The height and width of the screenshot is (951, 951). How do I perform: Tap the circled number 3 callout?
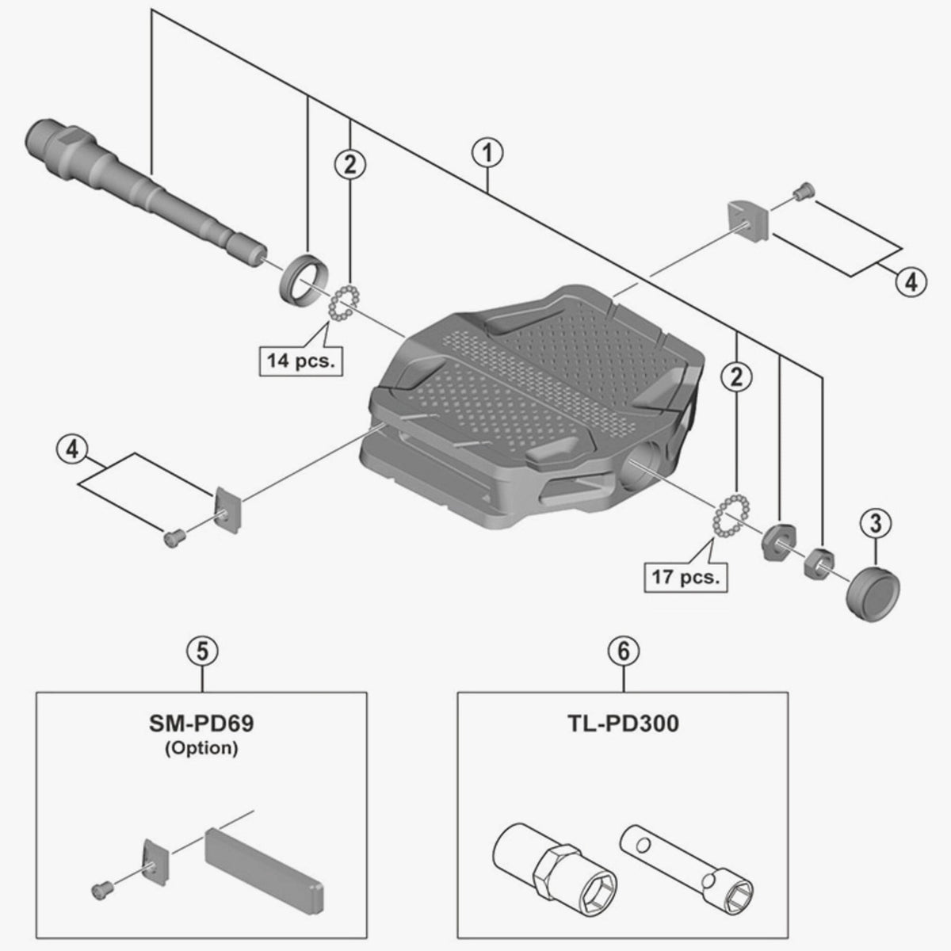click(x=876, y=523)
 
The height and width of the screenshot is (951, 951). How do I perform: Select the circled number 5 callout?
click(x=202, y=651)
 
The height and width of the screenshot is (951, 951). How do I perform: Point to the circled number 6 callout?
click(x=623, y=651)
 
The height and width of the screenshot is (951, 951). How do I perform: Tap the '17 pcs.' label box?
click(x=686, y=576)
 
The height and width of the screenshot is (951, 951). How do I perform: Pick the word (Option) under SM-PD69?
click(x=202, y=747)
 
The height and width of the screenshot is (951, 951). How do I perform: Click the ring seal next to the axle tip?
click(x=301, y=279)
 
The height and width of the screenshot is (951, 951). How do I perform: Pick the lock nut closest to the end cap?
click(x=817, y=563)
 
